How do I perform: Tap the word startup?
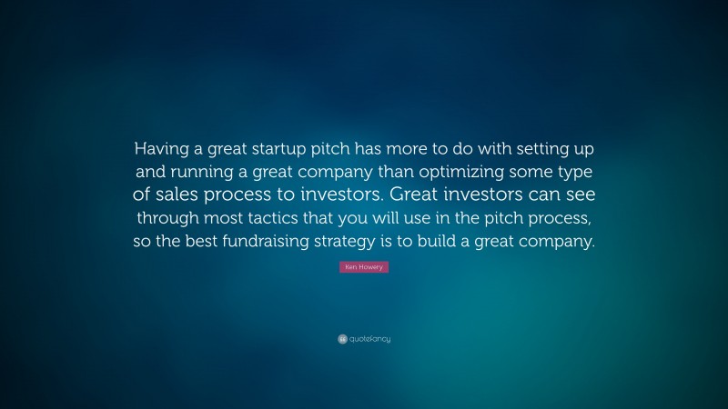[278, 148]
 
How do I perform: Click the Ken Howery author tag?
[364, 268]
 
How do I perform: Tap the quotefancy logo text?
[370, 339]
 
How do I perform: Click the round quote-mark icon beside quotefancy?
[342, 339]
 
